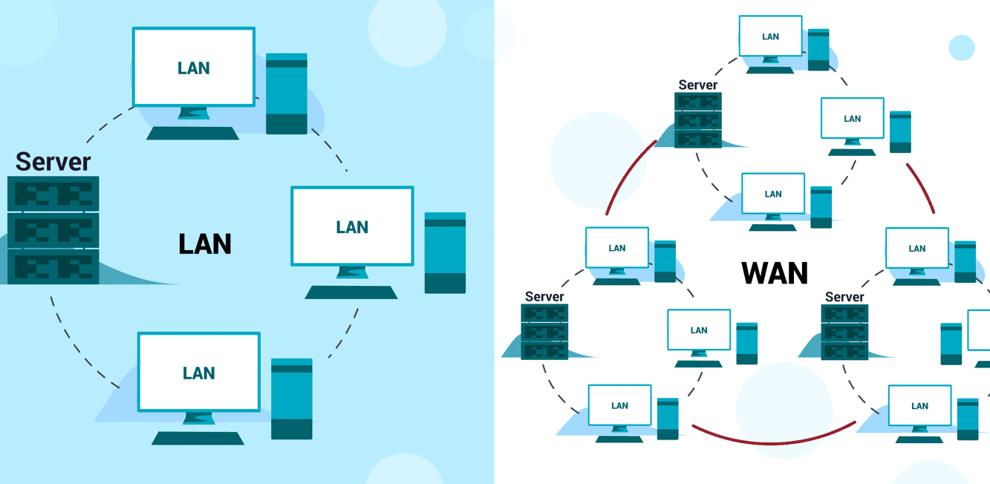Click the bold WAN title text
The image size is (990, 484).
[775, 273]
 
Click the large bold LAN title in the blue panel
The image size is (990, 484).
[205, 244]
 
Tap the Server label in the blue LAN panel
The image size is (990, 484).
[53, 162]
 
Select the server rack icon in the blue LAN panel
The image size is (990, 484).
[53, 230]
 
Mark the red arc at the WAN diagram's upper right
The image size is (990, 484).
[921, 189]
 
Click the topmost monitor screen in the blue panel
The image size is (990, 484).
[194, 68]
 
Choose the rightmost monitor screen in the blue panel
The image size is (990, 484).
[352, 226]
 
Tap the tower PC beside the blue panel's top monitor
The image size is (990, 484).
[287, 94]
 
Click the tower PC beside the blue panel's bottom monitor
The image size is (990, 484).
[292, 399]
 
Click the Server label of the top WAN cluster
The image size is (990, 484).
[698, 85]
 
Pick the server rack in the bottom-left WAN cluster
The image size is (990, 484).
[544, 332]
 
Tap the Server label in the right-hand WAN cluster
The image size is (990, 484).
[844, 297]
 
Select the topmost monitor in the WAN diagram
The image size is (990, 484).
[771, 36]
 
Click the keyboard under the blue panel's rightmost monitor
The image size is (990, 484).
[351, 292]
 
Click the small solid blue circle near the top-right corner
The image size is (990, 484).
[962, 48]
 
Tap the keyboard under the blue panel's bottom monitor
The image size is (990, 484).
[198, 438]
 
